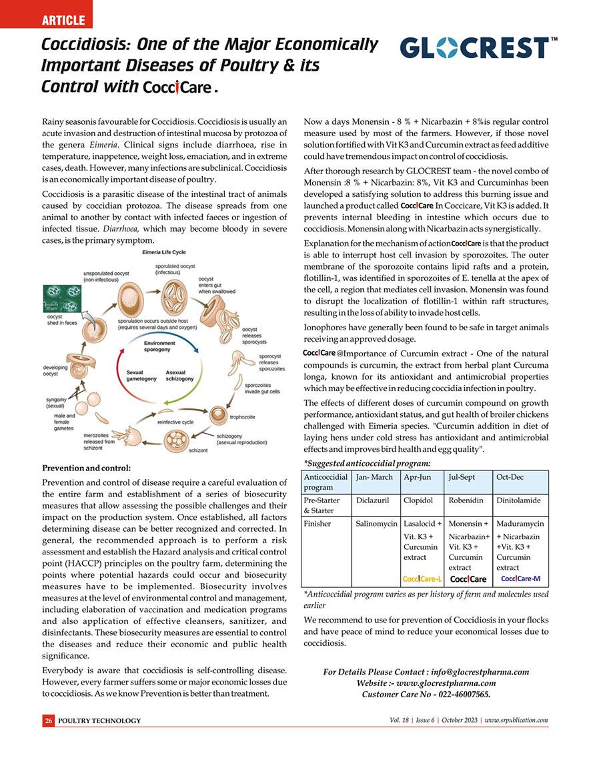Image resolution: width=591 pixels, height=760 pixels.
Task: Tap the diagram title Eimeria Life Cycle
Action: pos(165,253)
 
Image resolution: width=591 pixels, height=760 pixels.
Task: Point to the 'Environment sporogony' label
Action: pos(159,345)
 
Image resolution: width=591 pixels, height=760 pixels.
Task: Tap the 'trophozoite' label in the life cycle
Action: pos(243,417)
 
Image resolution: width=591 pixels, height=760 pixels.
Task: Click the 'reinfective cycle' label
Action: pos(175,422)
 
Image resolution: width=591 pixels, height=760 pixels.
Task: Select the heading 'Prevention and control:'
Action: pos(86,468)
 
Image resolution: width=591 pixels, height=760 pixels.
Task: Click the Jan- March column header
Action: pos(374,478)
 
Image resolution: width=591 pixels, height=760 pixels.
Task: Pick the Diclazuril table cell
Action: pos(374,500)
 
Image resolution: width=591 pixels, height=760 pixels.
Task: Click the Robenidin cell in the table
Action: pos(466,500)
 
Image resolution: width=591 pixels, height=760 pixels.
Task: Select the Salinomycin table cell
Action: pos(376,524)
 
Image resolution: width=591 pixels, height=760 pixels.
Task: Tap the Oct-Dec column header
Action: pos(510,478)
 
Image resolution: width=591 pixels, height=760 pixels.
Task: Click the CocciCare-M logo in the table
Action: pos(520,578)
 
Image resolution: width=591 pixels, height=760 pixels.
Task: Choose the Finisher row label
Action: pos(318,524)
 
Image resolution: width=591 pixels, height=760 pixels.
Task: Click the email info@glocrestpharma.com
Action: pos(480,672)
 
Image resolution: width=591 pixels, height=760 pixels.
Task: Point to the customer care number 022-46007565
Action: pos(454,695)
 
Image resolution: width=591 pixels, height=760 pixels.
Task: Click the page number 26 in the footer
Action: pos(49,721)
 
